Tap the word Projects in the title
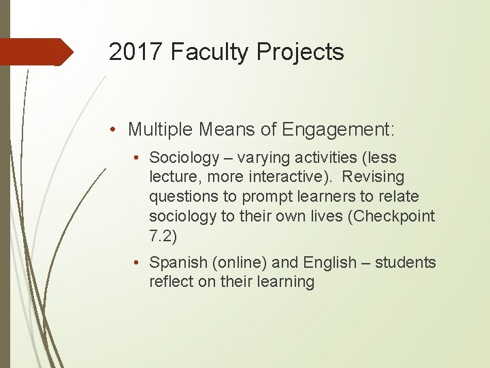tap(302, 52)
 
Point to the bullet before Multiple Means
tap(117, 129)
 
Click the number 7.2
tap(163, 236)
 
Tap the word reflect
tap(171, 282)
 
